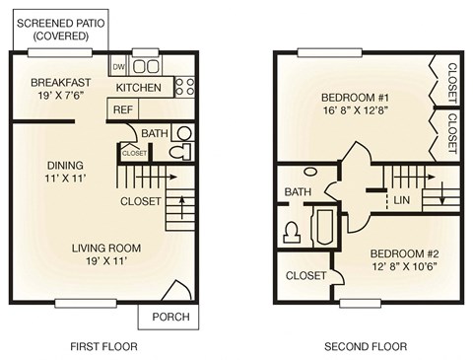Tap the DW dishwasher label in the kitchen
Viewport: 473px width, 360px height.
(x=119, y=67)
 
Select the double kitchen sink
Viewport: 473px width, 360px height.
(x=146, y=67)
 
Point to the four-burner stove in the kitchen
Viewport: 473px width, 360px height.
(x=185, y=87)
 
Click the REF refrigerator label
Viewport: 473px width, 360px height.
(x=122, y=109)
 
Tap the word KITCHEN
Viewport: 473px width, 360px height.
(x=139, y=88)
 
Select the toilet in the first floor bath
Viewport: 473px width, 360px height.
(x=176, y=154)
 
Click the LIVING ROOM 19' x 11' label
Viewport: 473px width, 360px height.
(x=105, y=255)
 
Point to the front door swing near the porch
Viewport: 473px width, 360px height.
(x=178, y=292)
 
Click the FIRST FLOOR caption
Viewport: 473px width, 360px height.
(x=103, y=346)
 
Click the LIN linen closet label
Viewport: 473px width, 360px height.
(x=402, y=199)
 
